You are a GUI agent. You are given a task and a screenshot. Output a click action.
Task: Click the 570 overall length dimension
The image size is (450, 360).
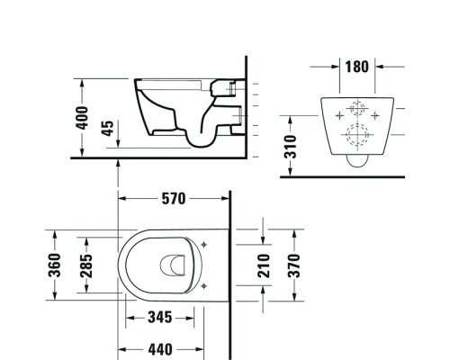point(174,200)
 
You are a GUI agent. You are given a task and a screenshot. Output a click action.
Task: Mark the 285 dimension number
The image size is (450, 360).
point(87,265)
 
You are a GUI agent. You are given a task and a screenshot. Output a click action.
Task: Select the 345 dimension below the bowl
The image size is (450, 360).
point(161,318)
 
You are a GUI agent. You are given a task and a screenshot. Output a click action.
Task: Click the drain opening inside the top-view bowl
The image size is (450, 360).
point(168,265)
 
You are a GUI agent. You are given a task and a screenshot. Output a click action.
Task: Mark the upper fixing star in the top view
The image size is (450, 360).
point(206,244)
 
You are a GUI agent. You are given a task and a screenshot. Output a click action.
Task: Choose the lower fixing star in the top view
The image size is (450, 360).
point(206,285)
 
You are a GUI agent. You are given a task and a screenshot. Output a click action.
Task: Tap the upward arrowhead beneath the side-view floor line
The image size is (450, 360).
point(119,162)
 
